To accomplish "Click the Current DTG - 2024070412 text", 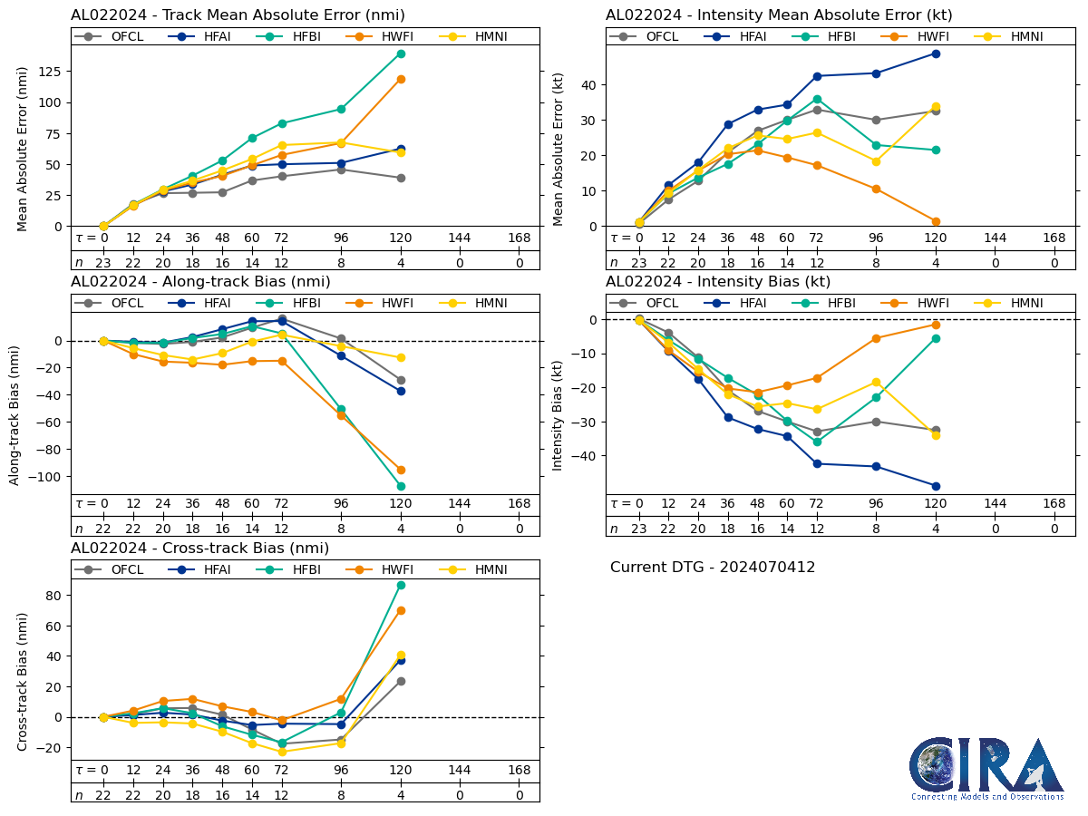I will point(713,568).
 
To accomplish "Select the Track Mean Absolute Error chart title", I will point(238,15).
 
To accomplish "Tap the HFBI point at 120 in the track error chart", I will point(401,53).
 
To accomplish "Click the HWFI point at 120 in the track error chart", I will point(401,79).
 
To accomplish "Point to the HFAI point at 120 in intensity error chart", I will point(936,53).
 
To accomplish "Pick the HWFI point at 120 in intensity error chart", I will point(936,221).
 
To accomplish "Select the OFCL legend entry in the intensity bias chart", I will point(649,303).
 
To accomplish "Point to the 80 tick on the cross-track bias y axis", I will point(54,596).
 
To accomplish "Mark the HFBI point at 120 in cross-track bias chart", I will point(401,585).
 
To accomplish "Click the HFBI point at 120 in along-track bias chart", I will point(401,486).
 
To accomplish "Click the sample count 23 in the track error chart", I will point(103,263).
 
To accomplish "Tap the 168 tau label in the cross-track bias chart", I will point(520,771).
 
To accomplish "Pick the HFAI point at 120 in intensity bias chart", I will point(936,486).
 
